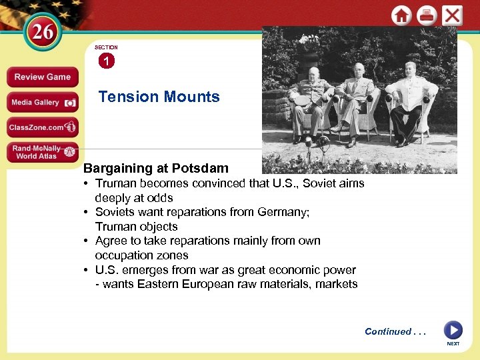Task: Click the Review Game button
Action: (x=42, y=77)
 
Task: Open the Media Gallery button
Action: (x=42, y=102)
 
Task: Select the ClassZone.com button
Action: (x=42, y=127)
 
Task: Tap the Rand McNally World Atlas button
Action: (x=42, y=152)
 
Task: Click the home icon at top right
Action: (x=401, y=15)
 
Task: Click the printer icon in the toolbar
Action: (x=427, y=15)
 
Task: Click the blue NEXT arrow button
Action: (x=453, y=330)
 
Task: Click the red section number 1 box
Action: (x=106, y=61)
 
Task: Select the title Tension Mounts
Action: (x=159, y=97)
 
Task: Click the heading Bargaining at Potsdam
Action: (x=155, y=168)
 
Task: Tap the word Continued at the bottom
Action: (x=387, y=331)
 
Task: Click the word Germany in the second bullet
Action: (x=285, y=212)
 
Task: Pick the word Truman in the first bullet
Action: (x=117, y=183)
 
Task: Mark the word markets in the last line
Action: (x=337, y=284)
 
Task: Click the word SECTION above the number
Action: (x=106, y=47)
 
